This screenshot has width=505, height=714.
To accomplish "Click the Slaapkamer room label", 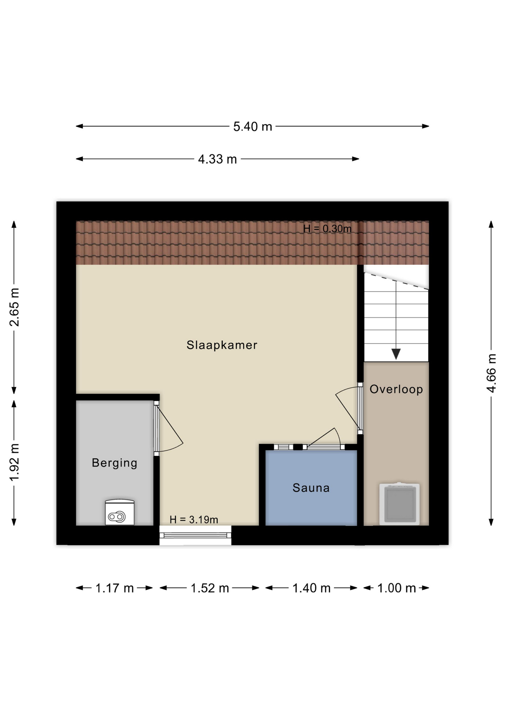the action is coord(222,345).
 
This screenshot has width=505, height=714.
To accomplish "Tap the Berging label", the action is coord(115,463).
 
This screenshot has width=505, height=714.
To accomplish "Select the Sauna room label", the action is coord(311,488).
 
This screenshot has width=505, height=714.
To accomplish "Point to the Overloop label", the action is coord(396,389).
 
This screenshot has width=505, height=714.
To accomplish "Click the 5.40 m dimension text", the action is coord(252,127).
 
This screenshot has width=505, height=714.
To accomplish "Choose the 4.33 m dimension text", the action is coord(217,160).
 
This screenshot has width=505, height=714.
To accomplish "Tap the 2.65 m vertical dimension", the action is coord(14,307).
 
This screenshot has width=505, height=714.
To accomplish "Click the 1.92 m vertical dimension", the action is coord(14,463).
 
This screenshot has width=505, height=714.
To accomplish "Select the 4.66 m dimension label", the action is coord(491,373).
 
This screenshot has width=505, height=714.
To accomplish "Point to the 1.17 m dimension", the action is coord(115,588).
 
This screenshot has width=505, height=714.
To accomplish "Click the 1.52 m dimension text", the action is coord(210,588).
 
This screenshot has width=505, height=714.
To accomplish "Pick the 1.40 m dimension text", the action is coord(311,588).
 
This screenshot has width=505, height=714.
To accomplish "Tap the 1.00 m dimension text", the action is coord(396,588).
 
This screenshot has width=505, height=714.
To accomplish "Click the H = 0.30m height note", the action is coord(327,229).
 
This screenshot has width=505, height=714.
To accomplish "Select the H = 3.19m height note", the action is coord(194,520).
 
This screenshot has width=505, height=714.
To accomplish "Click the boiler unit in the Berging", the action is coord(120,512).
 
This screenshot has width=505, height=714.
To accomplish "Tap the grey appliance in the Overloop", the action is coord(399,504).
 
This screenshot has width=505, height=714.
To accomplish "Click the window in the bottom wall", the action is coord(195,535).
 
